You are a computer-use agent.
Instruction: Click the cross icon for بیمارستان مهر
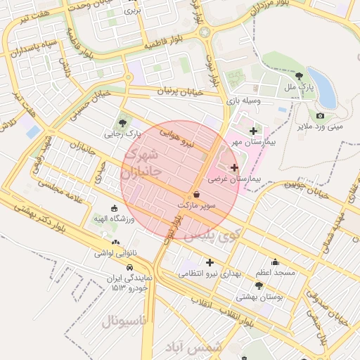[x=253, y=131]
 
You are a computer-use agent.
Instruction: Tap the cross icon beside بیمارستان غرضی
[x=234, y=168]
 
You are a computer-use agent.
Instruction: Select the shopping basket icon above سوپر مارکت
[x=195, y=193]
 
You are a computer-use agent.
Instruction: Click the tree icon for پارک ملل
[x=300, y=76]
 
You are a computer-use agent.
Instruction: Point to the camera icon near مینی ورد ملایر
[x=321, y=115]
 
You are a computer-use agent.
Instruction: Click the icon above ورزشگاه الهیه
[x=115, y=208]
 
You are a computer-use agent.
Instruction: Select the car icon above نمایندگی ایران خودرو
[x=130, y=267]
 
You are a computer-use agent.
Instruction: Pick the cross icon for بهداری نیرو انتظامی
[x=210, y=262]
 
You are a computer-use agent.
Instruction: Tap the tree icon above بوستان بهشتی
[x=259, y=286]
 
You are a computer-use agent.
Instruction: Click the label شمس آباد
[x=193, y=347]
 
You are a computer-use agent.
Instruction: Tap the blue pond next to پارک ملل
[x=321, y=87]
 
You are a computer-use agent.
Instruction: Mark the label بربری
[x=132, y=11]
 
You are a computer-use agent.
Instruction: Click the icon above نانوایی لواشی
[x=115, y=243]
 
